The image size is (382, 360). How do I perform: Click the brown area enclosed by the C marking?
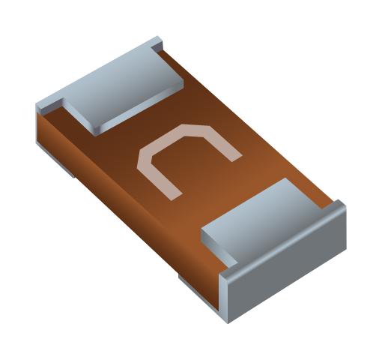point(191,161)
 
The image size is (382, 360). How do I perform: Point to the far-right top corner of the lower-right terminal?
point(342,203)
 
